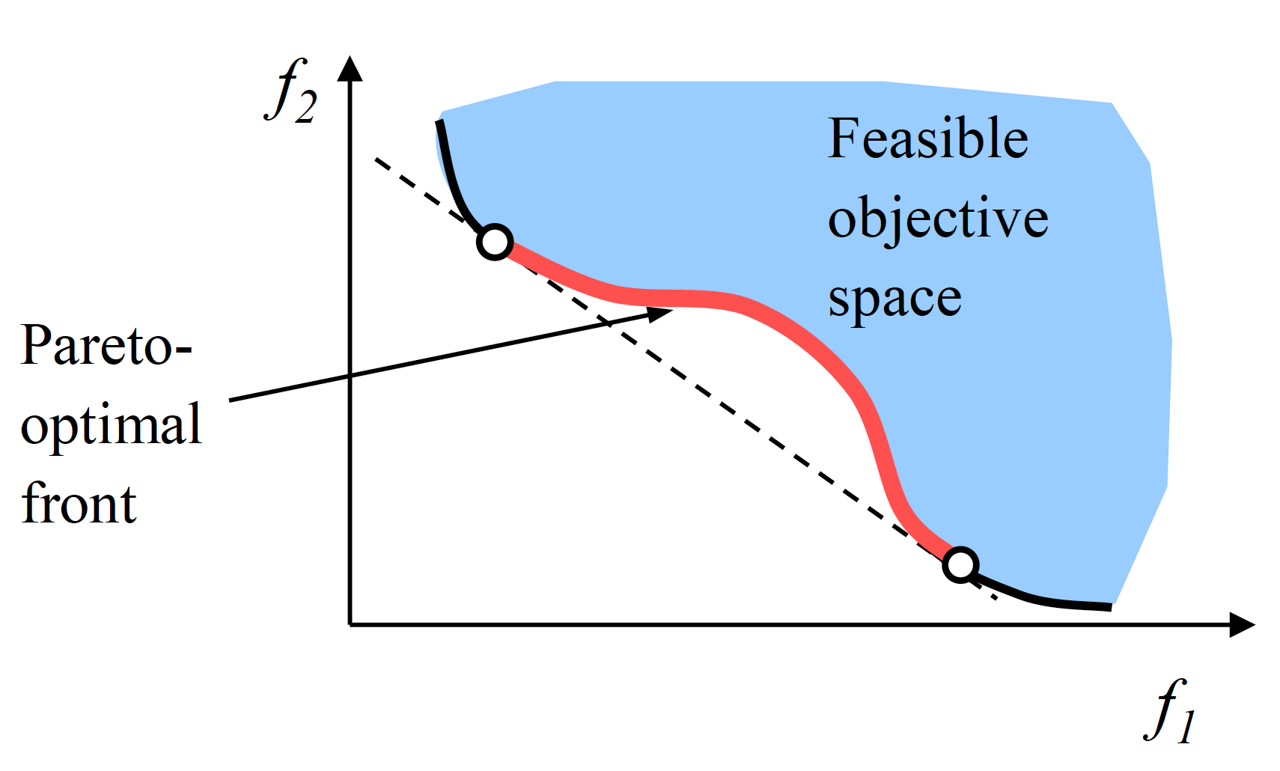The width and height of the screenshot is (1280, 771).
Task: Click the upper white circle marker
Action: coord(495,242)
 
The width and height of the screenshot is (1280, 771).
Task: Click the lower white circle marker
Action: coord(960,564)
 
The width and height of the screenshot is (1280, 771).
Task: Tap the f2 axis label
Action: coord(292,91)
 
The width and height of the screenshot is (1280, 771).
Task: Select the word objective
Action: coord(938,219)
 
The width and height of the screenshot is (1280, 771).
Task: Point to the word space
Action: coord(895,299)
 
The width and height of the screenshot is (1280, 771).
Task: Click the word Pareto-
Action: coord(106,345)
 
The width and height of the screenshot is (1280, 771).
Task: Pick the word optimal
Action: coord(111,425)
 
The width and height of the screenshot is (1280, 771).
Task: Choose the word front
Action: coord(79,504)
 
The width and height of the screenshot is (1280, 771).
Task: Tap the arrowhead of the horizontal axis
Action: coord(1243,624)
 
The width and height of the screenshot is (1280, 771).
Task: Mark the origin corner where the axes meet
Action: coord(350,624)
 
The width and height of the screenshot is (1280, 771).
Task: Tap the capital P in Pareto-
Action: coord(37,345)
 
